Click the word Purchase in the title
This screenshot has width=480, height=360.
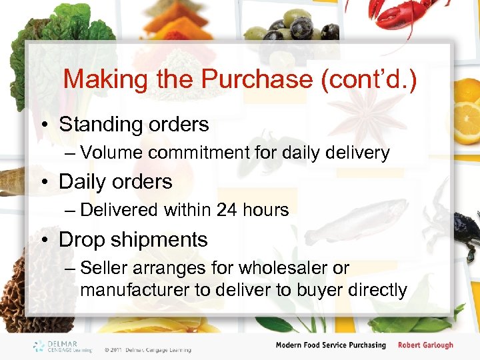coord(257,79)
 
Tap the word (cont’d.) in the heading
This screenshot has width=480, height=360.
coord(369,79)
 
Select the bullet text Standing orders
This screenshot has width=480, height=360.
coord(133,124)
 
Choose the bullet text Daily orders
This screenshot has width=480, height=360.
coord(115,181)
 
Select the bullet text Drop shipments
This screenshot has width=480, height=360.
coord(133,239)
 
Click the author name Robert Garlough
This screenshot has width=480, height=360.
coord(425,345)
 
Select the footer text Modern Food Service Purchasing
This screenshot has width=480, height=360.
coord(331,345)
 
